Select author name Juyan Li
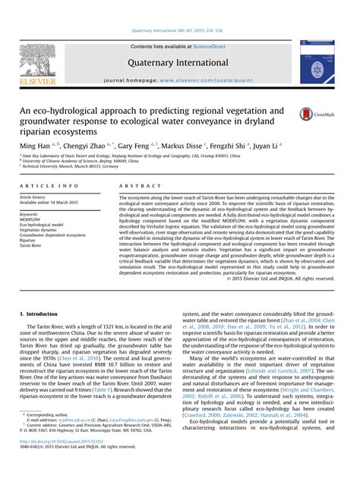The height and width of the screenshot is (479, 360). click(263, 144)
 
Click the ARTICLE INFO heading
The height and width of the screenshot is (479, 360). click(49, 185)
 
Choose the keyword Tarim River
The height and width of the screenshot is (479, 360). click(32, 246)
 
